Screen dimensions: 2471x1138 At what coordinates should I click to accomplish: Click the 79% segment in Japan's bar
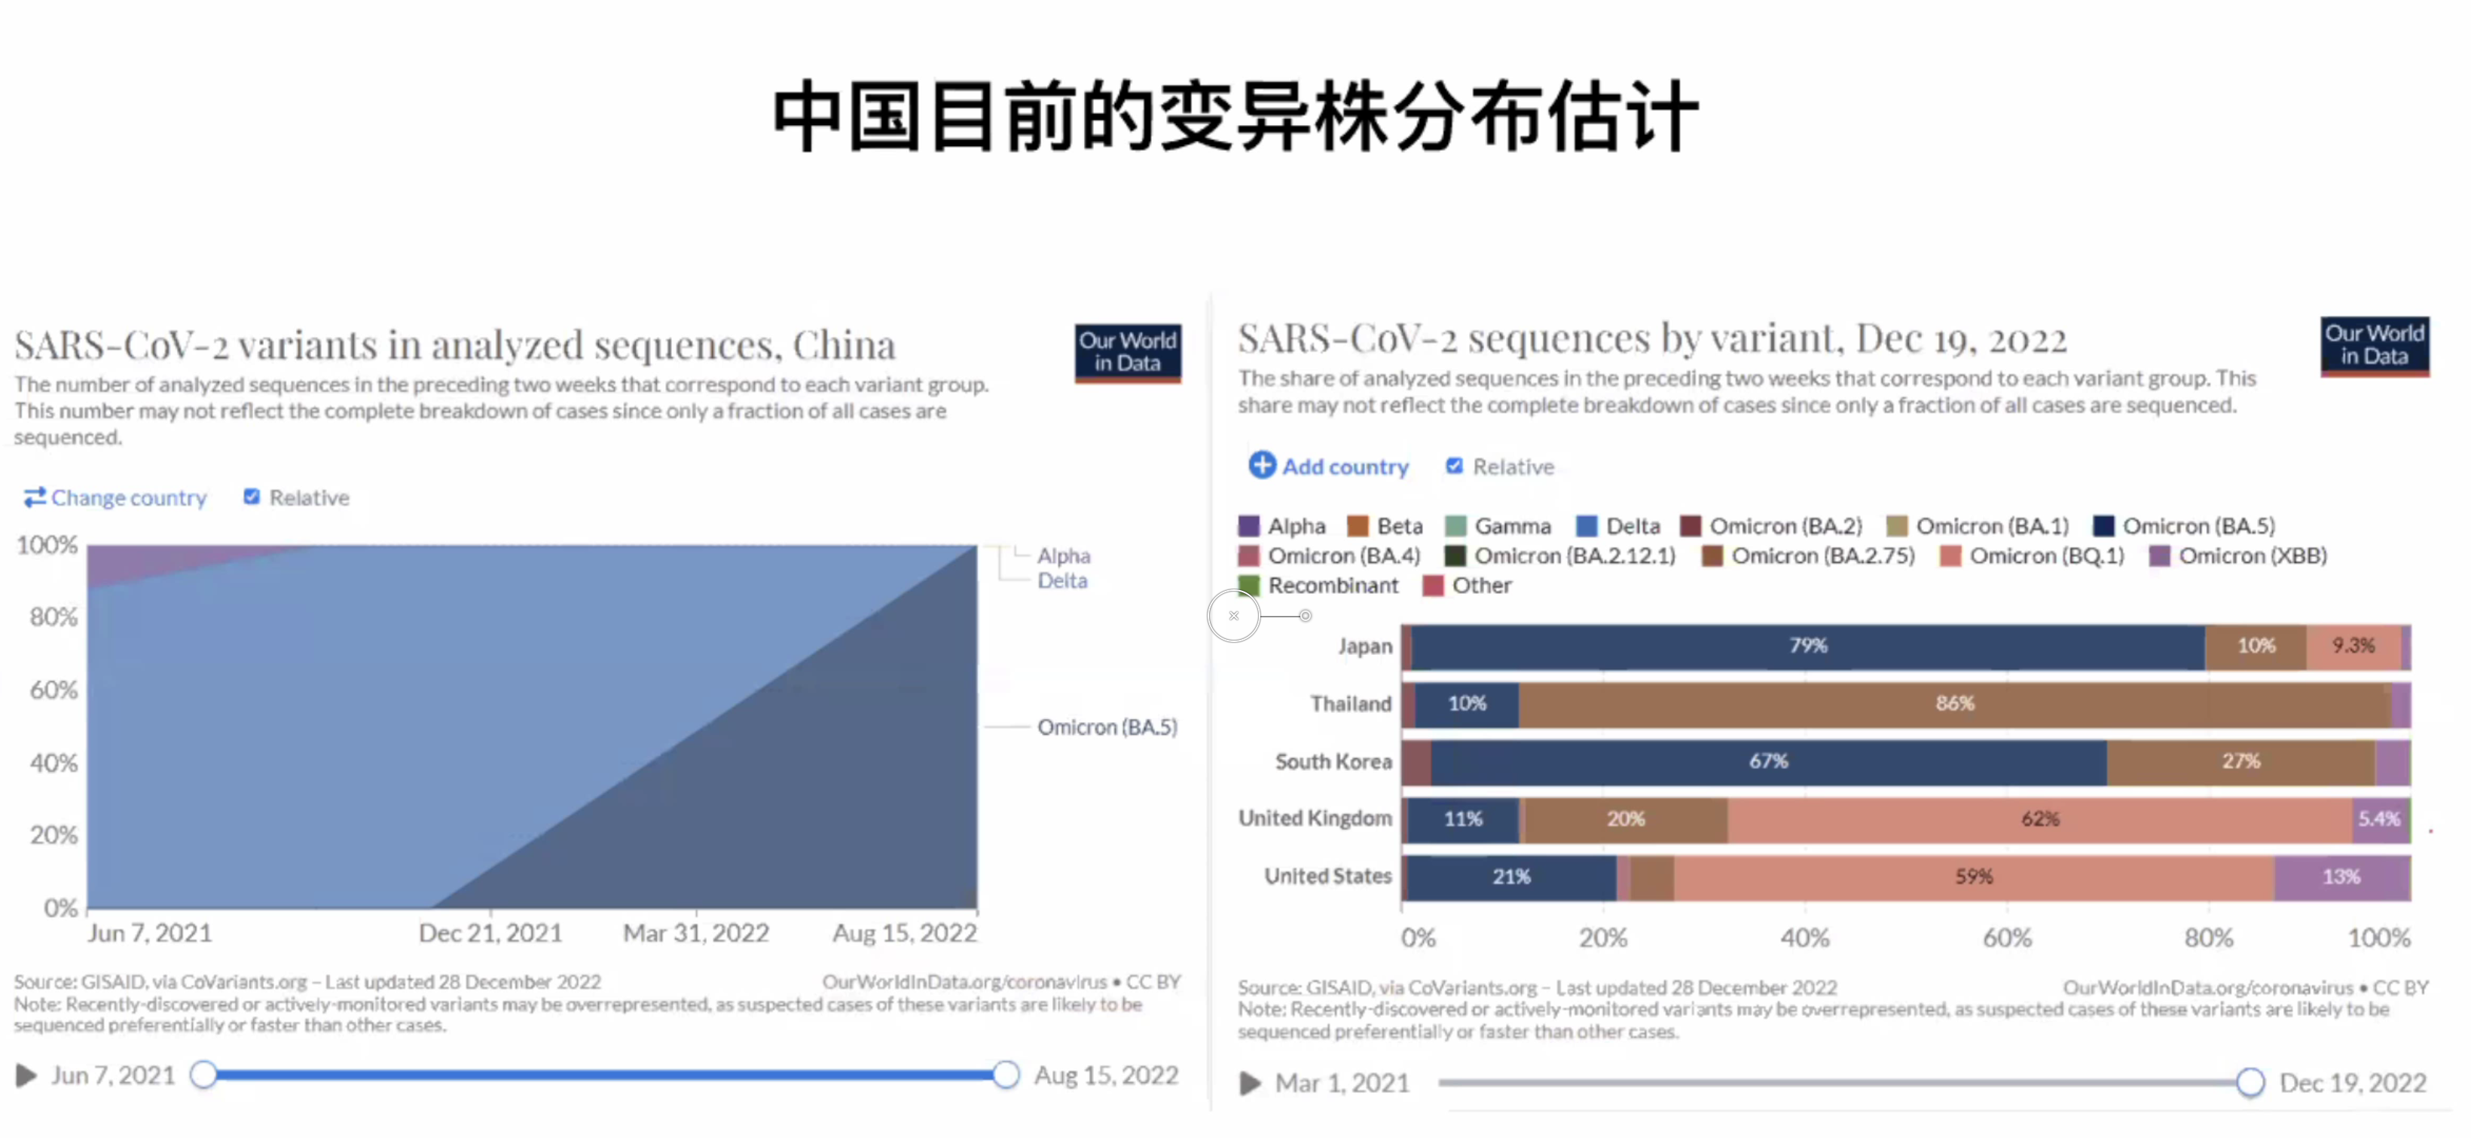[x=1808, y=646]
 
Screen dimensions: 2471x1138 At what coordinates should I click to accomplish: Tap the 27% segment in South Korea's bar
[x=2240, y=762]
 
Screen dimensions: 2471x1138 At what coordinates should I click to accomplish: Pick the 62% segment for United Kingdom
[x=2040, y=819]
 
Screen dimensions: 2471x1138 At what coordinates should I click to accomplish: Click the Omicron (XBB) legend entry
[x=2239, y=555]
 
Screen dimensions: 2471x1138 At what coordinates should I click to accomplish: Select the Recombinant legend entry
[x=1319, y=586]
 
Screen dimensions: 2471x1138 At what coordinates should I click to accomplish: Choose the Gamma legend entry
[x=1498, y=526]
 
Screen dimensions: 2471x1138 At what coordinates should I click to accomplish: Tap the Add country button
[x=1329, y=467]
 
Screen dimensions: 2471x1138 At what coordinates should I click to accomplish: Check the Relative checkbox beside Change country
[x=252, y=497]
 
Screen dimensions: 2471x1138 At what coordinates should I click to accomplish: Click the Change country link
[x=116, y=497]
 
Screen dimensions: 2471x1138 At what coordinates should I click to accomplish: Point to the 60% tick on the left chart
[x=53, y=690]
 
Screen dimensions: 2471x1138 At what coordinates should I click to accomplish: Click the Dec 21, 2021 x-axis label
[x=490, y=933]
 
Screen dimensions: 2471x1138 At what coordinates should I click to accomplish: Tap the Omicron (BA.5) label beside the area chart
[x=1107, y=727]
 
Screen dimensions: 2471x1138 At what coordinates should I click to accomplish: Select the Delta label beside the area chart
[x=1062, y=580]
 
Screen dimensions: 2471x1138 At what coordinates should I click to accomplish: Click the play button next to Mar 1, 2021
[x=1250, y=1083]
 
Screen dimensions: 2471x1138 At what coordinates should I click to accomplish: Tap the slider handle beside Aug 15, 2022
[x=1005, y=1075]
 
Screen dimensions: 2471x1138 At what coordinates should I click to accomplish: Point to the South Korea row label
[x=1333, y=762]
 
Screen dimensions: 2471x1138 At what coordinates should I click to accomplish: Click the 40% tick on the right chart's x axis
[x=1804, y=938]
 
